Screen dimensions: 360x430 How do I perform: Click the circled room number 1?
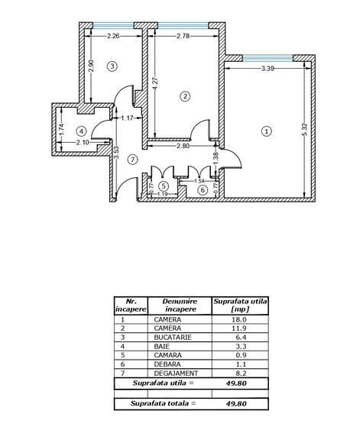(267, 131)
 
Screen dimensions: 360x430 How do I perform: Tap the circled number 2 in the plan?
(185, 96)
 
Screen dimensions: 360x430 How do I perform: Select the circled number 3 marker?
(112, 66)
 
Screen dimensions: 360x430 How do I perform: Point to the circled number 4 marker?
(81, 131)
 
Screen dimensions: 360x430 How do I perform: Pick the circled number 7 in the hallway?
(133, 160)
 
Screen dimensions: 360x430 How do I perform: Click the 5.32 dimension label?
(305, 131)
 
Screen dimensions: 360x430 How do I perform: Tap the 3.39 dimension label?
(268, 69)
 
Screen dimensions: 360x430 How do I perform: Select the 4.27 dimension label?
(155, 84)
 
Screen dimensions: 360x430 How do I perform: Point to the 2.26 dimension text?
(113, 36)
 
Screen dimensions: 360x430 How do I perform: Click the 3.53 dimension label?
(116, 154)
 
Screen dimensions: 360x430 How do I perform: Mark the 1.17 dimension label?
(127, 118)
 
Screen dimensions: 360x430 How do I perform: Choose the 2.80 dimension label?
(183, 146)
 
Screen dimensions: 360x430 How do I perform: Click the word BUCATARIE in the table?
(173, 338)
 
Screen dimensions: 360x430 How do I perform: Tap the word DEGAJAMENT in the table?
(176, 373)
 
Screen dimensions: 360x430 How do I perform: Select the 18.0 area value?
(241, 319)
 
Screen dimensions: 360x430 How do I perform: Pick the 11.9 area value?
(241, 328)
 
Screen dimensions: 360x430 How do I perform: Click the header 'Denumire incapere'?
(180, 306)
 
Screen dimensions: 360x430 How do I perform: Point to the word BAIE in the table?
(161, 346)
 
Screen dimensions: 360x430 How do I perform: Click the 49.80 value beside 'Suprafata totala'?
(236, 404)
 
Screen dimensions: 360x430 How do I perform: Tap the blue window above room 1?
(268, 58)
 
